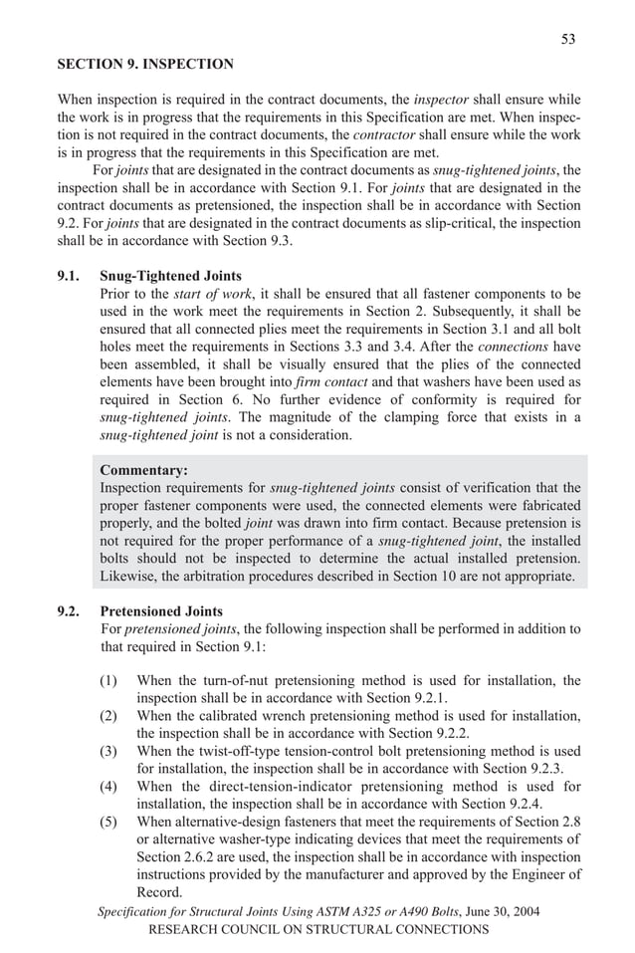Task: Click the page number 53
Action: pyautogui.click(x=567, y=39)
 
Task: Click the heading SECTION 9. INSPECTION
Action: pyautogui.click(x=145, y=65)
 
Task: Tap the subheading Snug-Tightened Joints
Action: pyautogui.click(x=171, y=276)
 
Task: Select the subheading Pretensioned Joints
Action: pyautogui.click(x=162, y=611)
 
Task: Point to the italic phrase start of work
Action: pyautogui.click(x=202, y=294)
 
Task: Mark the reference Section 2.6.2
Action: pyautogui.click(x=171, y=856)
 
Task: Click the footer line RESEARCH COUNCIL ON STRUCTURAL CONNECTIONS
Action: pyautogui.click(x=317, y=929)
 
